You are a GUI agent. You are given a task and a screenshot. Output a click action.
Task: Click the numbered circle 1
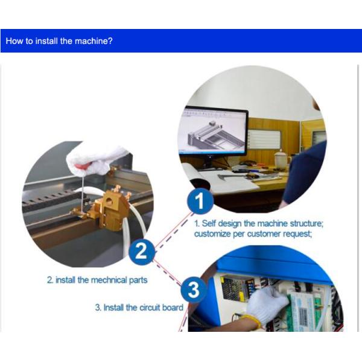200,201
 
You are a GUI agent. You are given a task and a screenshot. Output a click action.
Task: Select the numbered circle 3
194,290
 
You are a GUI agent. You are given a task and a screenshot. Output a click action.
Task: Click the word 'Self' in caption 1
209,223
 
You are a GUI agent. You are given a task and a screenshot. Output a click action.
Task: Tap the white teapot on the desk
281,158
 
